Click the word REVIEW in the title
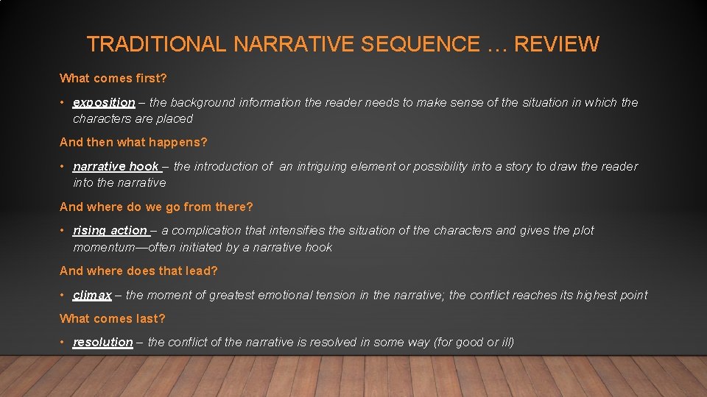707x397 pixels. tap(556, 44)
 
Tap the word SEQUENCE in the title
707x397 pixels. tap(420, 44)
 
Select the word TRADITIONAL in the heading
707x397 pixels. tap(156, 44)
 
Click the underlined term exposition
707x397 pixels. tap(104, 103)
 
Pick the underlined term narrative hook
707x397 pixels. tap(116, 167)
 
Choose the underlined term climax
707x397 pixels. tap(92, 296)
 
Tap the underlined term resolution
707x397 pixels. tap(102, 343)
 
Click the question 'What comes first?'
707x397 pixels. tap(113, 78)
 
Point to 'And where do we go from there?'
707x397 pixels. tap(156, 207)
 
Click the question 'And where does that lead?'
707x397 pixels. tap(138, 271)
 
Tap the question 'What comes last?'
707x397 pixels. tap(113, 318)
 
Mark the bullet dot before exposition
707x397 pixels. tap(63, 103)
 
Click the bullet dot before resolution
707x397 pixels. tap(63, 343)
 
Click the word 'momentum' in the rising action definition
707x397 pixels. tap(104, 247)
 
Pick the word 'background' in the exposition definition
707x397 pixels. tap(208, 103)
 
